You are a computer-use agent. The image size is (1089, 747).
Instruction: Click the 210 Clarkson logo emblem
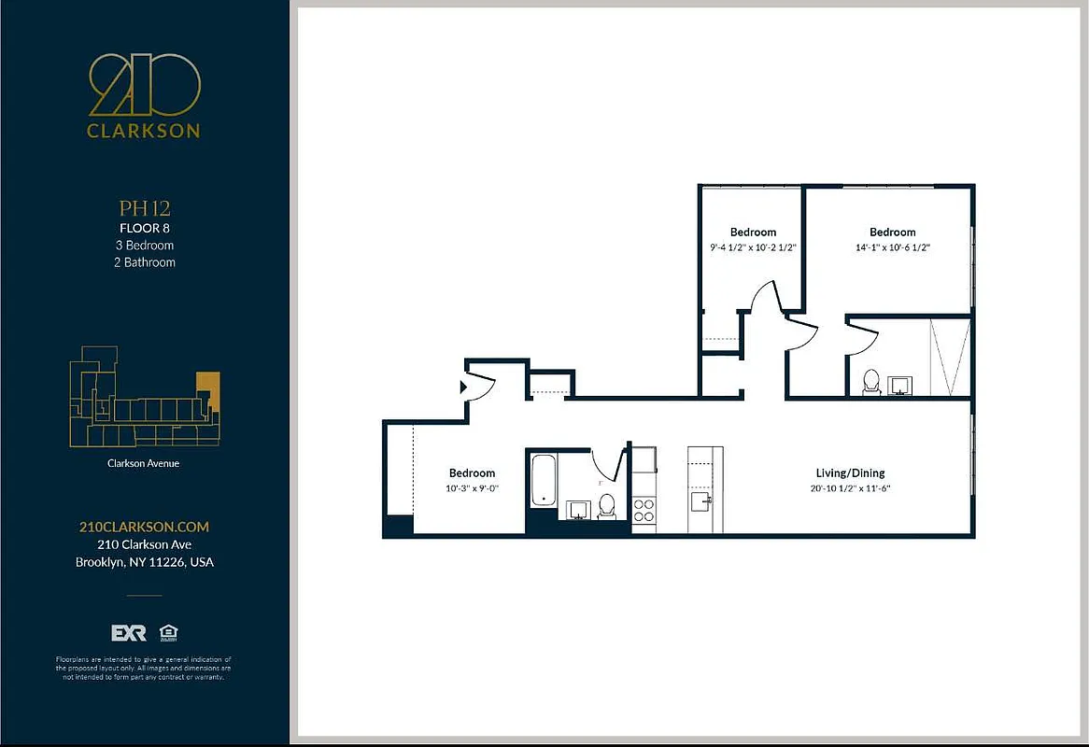144,83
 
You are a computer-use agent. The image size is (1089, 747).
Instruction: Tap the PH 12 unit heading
144,208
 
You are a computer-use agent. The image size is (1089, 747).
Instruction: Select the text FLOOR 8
144,228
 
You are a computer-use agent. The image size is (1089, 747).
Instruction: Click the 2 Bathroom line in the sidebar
144,262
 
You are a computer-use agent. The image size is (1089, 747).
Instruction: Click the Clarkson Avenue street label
144,463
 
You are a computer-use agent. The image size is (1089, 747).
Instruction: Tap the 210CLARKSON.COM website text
144,527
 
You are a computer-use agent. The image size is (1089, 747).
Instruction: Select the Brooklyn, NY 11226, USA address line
144,562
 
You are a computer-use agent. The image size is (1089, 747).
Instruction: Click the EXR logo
129,633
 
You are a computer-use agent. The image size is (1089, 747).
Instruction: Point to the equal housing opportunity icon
169,632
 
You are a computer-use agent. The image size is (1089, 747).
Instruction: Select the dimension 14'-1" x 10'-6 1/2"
892,247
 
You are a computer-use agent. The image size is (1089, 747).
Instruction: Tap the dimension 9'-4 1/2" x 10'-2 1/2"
753,247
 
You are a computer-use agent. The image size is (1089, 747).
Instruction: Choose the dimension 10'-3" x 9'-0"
472,488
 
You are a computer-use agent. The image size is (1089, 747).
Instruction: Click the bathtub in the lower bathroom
544,481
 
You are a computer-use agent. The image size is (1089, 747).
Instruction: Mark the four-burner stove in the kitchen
644,510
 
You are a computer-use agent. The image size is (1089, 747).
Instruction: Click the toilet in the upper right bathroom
870,382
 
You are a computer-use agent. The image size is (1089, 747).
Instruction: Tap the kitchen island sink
700,502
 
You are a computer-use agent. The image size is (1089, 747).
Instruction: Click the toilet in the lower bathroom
606,506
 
